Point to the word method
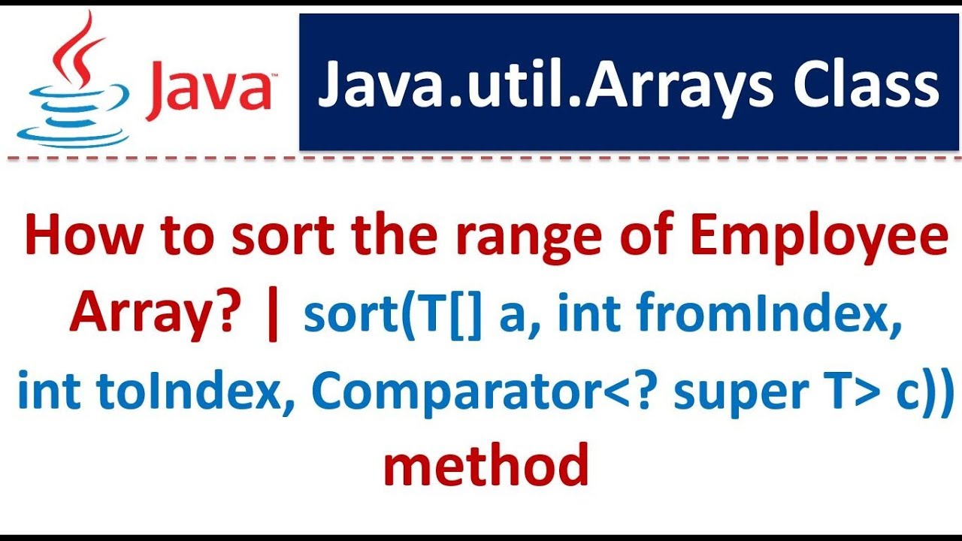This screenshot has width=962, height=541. tap(486, 464)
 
